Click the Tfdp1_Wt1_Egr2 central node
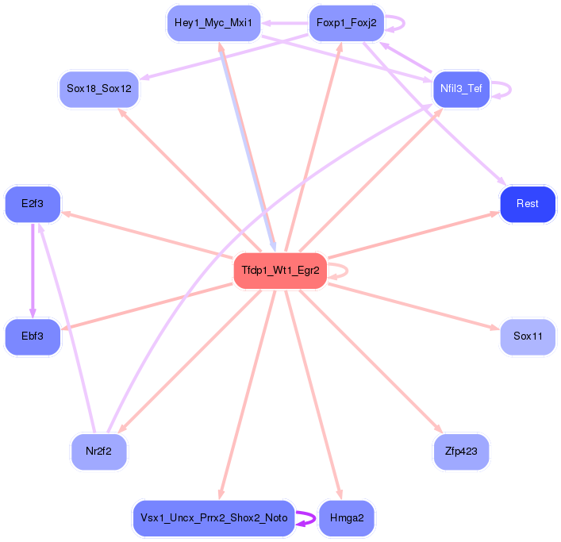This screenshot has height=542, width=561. click(x=279, y=271)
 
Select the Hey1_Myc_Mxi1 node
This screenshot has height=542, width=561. click(x=213, y=23)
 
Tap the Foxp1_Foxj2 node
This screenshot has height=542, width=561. click(x=346, y=23)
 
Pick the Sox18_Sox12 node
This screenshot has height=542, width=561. click(x=99, y=89)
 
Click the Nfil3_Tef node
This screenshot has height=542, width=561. click(x=461, y=89)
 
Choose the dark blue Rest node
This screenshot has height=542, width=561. click(x=527, y=204)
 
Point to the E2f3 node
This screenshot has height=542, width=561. click(x=33, y=204)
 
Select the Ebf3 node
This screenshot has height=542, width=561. click(x=33, y=336)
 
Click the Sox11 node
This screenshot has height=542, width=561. click(x=528, y=336)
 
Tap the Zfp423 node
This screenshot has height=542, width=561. click(x=461, y=452)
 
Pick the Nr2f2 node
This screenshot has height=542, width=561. click(x=98, y=452)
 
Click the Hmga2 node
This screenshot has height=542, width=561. click(x=346, y=518)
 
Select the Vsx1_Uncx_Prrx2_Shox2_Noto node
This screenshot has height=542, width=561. click(x=213, y=518)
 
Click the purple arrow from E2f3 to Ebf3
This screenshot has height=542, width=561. click(x=33, y=270)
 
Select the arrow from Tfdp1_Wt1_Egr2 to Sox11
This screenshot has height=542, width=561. click(x=413, y=305)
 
